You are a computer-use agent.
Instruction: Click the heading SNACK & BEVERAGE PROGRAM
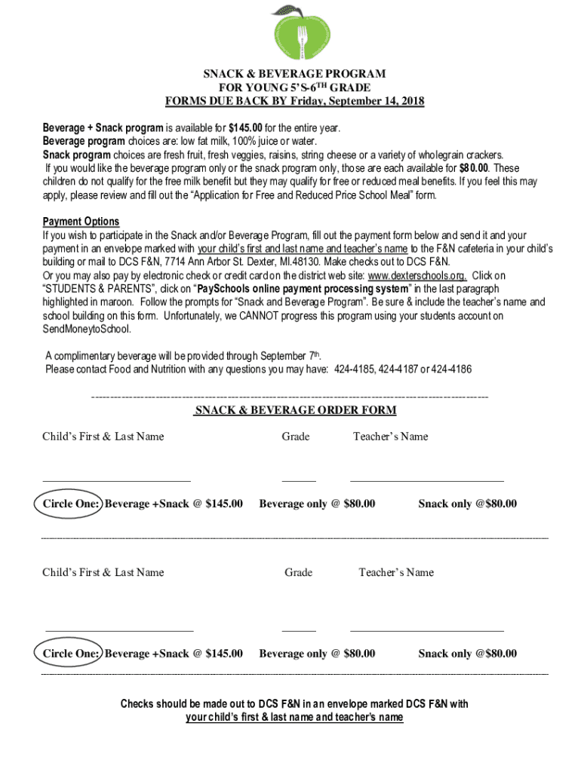pyautogui.click(x=294, y=74)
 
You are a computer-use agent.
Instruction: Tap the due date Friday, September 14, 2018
pyautogui.click(x=362, y=101)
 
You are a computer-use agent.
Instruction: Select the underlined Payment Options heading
pyautogui.click(x=81, y=222)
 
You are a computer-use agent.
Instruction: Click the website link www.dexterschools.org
pyautogui.click(x=417, y=275)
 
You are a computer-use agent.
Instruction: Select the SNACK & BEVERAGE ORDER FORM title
pyautogui.click(x=295, y=410)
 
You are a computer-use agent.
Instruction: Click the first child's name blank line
pyautogui.click(x=116, y=479)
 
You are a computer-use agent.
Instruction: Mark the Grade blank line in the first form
pyautogui.click(x=299, y=479)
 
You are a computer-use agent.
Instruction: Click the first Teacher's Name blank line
pyautogui.click(x=426, y=479)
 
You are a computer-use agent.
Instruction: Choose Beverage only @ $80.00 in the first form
pyautogui.click(x=317, y=504)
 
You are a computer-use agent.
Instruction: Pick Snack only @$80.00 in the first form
pyautogui.click(x=468, y=504)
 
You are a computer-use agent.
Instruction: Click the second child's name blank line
pyautogui.click(x=119, y=630)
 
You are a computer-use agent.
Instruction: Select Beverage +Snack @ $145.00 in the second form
pyautogui.click(x=174, y=654)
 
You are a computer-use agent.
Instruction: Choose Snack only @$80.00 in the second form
pyautogui.click(x=468, y=654)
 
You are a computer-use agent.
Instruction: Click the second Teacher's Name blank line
pyautogui.click(x=426, y=630)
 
